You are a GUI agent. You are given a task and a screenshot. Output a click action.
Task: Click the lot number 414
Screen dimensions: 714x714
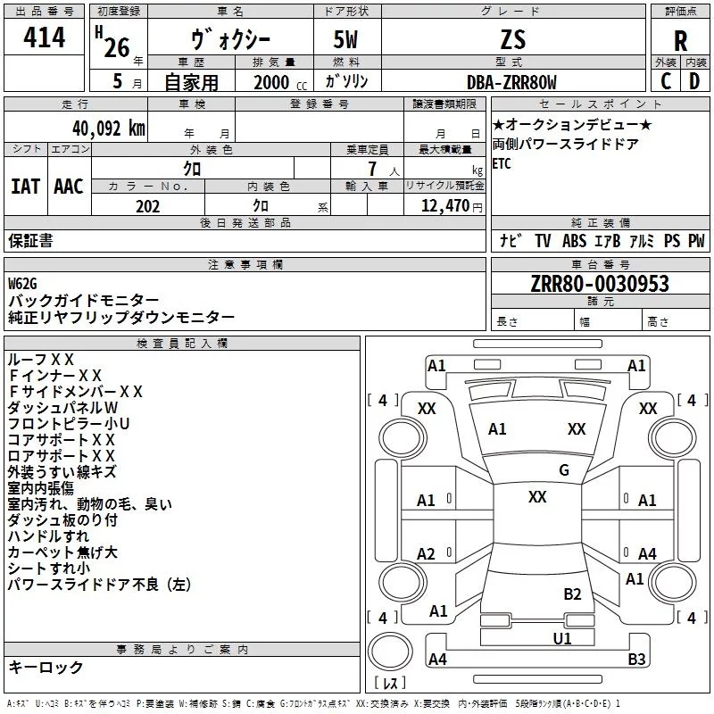(x=44, y=37)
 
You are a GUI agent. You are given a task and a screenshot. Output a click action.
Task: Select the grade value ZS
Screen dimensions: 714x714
(x=513, y=39)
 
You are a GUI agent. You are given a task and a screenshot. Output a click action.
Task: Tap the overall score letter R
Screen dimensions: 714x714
(x=680, y=41)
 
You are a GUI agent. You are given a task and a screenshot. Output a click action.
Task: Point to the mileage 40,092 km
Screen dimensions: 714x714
(x=108, y=129)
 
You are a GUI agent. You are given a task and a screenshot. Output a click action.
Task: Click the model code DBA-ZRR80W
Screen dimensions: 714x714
(x=511, y=82)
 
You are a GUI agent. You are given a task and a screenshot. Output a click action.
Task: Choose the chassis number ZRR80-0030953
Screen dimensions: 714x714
(x=600, y=283)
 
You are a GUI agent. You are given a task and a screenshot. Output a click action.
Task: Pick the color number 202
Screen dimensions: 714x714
(x=147, y=206)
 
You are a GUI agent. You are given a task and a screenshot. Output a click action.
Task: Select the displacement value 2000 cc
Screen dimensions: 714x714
(x=280, y=82)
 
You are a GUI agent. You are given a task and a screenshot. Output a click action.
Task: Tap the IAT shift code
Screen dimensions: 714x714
(x=25, y=187)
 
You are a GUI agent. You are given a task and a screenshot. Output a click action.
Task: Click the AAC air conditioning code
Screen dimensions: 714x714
(x=69, y=187)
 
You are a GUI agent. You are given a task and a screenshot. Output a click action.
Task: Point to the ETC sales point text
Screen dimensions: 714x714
(x=502, y=163)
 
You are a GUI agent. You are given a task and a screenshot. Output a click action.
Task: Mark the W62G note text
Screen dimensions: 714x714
(x=22, y=284)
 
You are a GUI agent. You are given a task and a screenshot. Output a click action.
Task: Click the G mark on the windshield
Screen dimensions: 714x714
(x=564, y=470)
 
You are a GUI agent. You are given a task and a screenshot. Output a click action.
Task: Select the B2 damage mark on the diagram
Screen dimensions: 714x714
(x=572, y=594)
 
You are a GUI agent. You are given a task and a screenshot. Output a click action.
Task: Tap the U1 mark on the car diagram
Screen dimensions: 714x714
(x=562, y=639)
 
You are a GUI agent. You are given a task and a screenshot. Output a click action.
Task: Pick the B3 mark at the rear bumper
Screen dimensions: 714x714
(x=636, y=659)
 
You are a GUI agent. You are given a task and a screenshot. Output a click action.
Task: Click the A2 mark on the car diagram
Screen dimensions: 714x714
(x=426, y=553)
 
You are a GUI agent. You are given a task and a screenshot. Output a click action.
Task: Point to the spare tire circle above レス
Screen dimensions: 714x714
(x=390, y=652)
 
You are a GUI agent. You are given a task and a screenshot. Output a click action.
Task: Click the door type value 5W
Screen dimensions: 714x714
(x=345, y=39)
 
